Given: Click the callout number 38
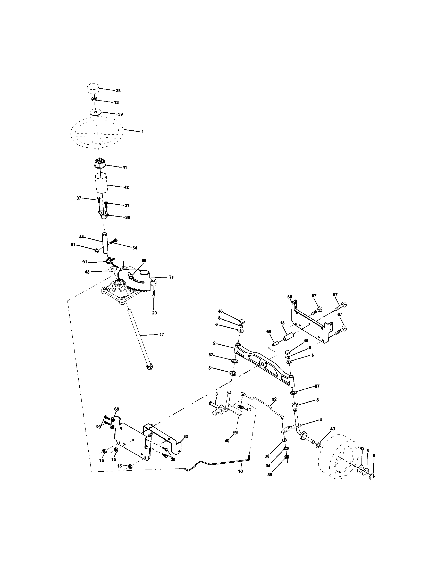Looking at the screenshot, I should pyautogui.click(x=118, y=91).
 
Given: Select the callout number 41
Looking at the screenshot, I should pyautogui.click(x=124, y=168).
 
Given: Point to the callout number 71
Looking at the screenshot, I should pyautogui.click(x=171, y=277).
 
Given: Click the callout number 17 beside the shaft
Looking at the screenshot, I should pyautogui.click(x=162, y=334).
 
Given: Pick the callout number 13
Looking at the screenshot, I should pyautogui.click(x=282, y=323).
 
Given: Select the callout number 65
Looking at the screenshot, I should pyautogui.click(x=268, y=331).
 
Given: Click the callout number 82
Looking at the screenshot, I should pyautogui.click(x=186, y=436).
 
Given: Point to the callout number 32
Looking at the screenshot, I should pyautogui.click(x=274, y=399).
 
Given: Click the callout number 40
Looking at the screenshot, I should pyautogui.click(x=227, y=441).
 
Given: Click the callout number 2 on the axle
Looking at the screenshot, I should pyautogui.click(x=214, y=343).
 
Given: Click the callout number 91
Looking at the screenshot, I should pyautogui.click(x=85, y=262).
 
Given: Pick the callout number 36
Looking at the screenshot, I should pyautogui.click(x=128, y=218).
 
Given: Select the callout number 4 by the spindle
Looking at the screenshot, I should pyautogui.click(x=321, y=420).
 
